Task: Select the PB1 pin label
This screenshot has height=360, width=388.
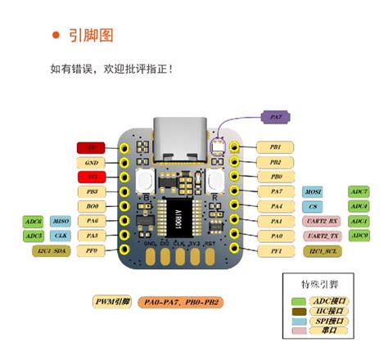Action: coord(276,147)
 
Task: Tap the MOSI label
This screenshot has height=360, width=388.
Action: coord(314,191)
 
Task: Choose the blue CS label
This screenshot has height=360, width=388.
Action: coord(314,206)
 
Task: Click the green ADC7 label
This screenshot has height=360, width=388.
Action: coord(359,191)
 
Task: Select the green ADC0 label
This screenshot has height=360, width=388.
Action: coord(359,236)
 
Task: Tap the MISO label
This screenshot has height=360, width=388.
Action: coord(61,221)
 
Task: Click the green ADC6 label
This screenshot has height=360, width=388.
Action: coord(34,221)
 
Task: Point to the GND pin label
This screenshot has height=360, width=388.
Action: coord(91,162)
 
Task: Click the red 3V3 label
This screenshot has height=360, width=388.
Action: coord(91,177)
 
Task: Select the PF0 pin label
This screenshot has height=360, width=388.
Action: coord(91,251)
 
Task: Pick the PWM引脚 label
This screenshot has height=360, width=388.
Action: coord(111,302)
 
